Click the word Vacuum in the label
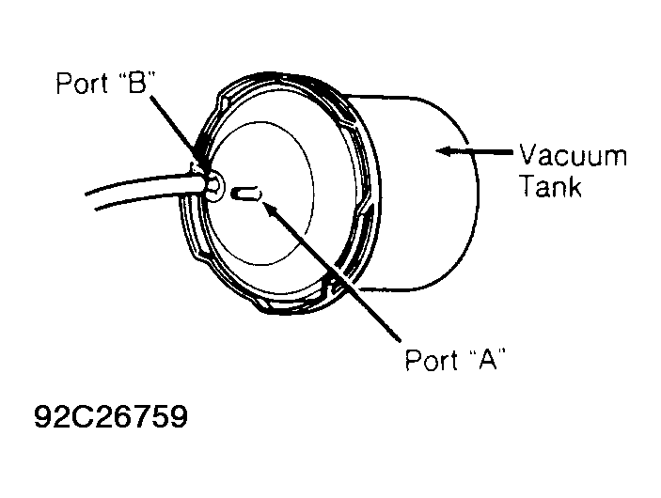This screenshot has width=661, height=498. (574, 155)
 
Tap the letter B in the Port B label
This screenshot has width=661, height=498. (136, 82)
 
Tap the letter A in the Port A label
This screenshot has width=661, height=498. (488, 359)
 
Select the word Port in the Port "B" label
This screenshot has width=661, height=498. (82, 83)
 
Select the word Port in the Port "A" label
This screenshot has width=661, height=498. (432, 360)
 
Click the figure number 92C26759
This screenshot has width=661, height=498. (111, 416)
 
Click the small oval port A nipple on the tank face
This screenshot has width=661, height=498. (246, 195)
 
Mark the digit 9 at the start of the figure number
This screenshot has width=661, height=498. (42, 416)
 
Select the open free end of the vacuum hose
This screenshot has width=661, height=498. (90, 201)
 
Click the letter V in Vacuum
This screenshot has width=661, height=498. (528, 154)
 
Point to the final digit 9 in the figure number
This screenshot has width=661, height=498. (180, 416)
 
